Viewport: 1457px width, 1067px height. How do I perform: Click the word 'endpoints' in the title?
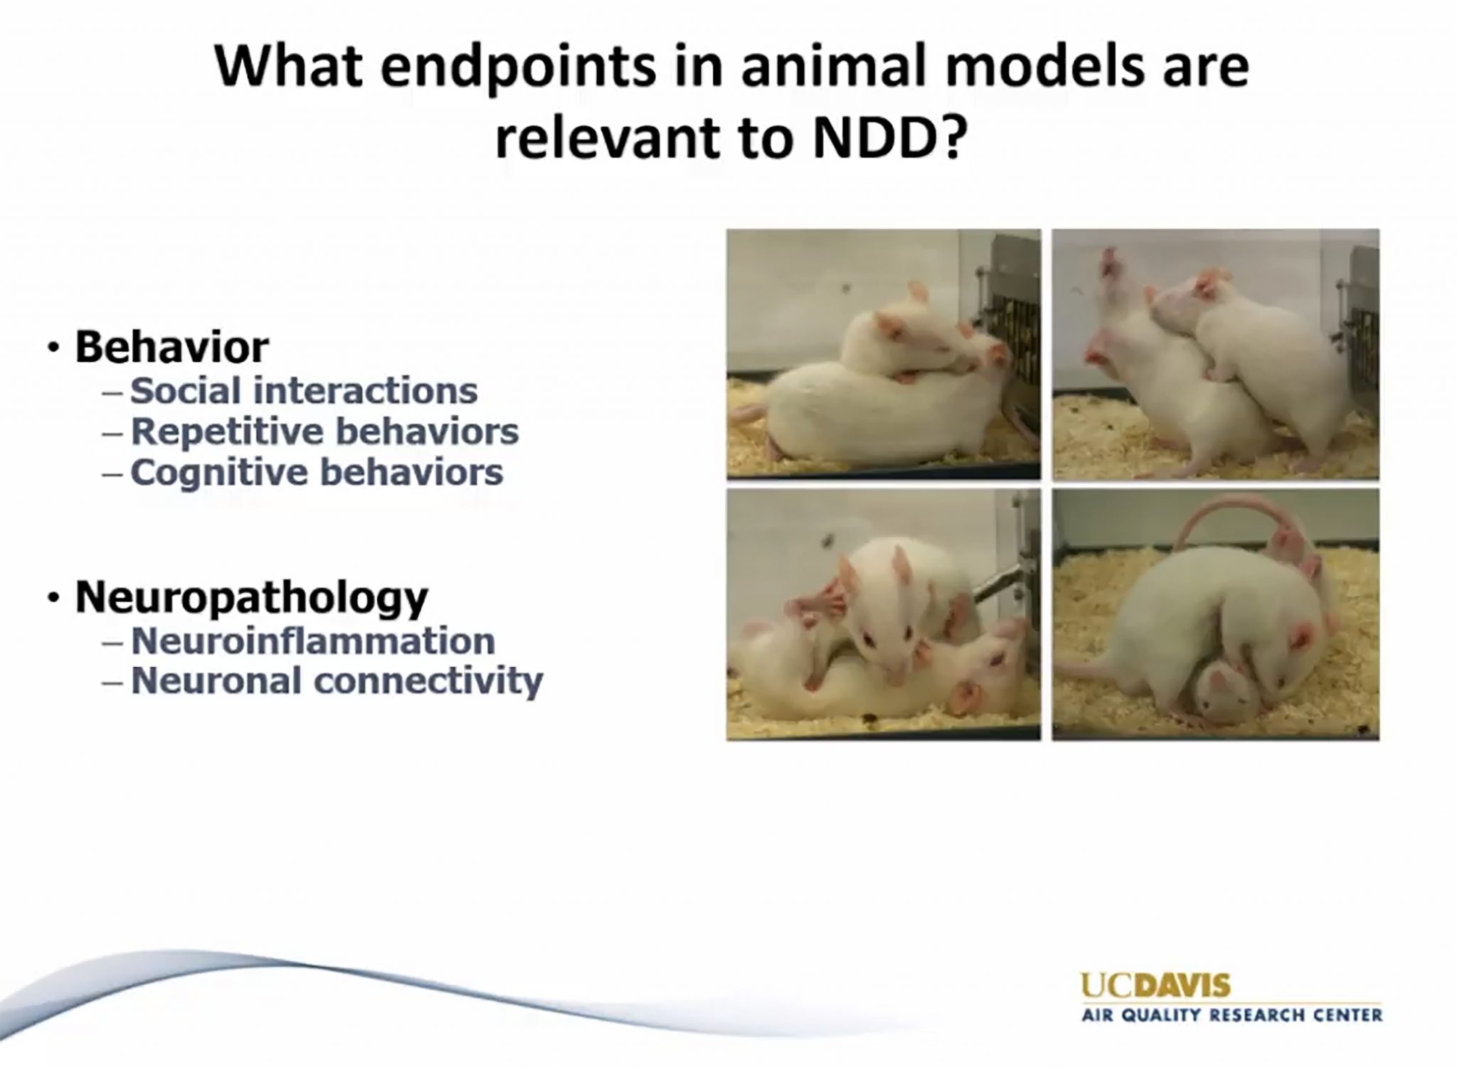pos(519,69)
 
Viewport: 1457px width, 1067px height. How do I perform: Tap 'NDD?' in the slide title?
pos(891,137)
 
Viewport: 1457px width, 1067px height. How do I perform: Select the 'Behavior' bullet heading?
pos(172,347)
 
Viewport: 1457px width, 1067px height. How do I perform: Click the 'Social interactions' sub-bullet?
pos(304,391)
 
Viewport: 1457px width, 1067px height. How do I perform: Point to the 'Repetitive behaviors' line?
pos(325,431)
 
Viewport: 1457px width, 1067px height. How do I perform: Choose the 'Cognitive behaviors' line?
pos(317,473)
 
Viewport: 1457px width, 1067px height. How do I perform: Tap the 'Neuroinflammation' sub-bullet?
pos(313,640)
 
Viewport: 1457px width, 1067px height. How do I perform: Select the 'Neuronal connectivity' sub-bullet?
pos(337,681)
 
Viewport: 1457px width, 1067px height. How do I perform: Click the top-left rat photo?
pos(884,354)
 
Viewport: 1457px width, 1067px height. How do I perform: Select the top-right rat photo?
pos(1216,354)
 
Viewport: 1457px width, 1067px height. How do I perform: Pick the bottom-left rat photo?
pos(884,614)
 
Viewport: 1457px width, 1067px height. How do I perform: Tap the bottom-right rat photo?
pos(1216,614)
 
